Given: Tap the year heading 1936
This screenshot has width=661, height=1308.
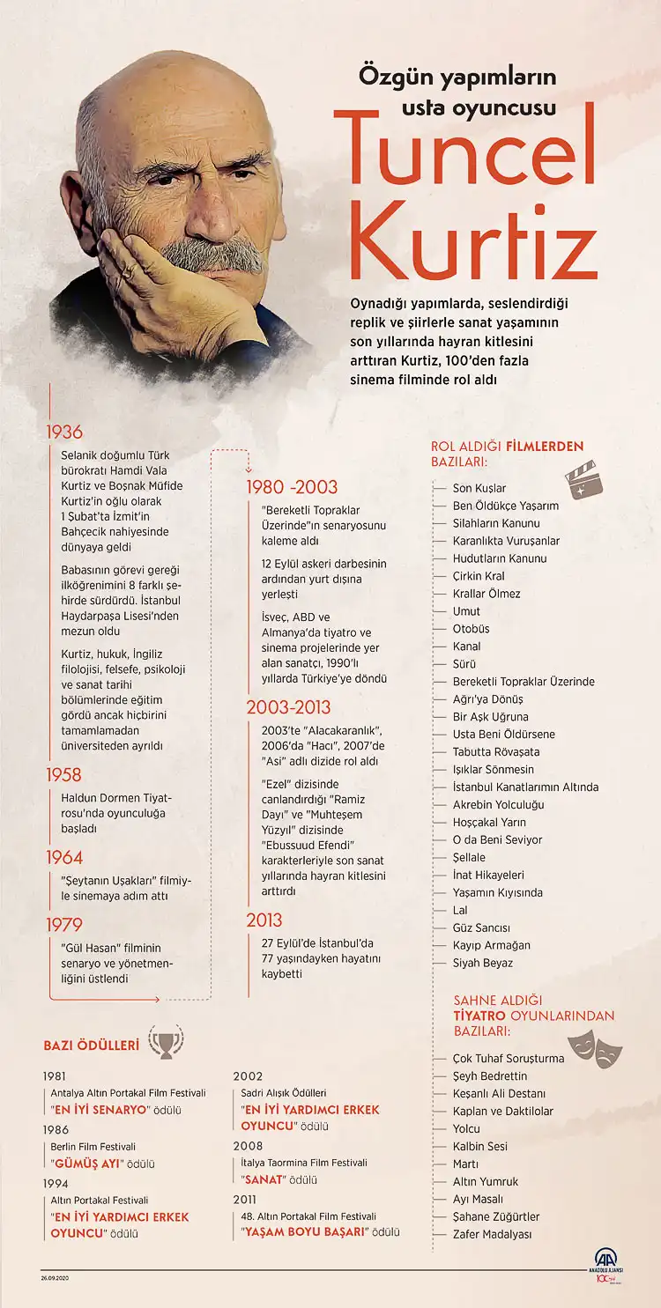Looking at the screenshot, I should [x=63, y=432].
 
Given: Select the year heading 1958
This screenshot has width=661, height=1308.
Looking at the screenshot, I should [x=63, y=775].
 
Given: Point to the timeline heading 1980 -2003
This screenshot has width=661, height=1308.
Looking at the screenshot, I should [x=291, y=487].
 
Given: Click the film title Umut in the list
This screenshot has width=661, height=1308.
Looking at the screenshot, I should [x=466, y=611].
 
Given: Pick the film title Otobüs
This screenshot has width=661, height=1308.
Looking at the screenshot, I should [x=471, y=629].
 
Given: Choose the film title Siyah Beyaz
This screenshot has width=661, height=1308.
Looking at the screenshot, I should [x=482, y=963].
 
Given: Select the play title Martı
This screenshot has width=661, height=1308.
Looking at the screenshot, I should [x=466, y=1164].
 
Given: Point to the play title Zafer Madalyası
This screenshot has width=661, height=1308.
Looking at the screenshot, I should [x=492, y=1234].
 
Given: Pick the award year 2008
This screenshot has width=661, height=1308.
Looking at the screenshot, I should [x=248, y=1146].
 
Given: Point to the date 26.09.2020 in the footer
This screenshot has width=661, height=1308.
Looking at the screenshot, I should [x=56, y=1277].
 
